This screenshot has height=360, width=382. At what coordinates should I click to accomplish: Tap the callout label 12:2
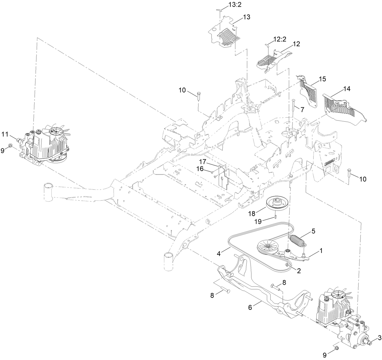pyautogui.click(x=279, y=39)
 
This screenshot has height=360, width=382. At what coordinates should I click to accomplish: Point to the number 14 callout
pyautogui.click(x=346, y=89)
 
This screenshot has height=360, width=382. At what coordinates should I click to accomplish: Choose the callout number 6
pyautogui.click(x=250, y=307)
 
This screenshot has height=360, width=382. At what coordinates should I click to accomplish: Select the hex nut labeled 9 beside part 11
pyautogui.click(x=10, y=145)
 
